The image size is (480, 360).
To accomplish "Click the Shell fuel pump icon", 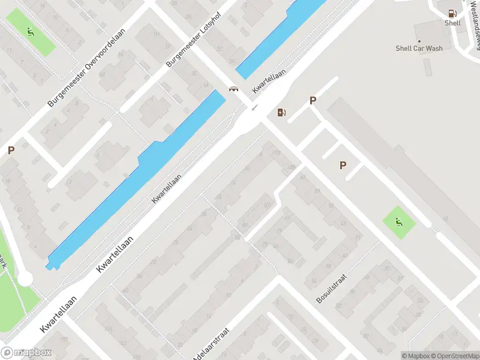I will coord(452,13).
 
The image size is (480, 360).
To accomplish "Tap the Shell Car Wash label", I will coord(419,48).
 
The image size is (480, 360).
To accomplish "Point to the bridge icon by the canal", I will coord(233,89).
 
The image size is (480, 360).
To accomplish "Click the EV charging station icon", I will coord(281,112).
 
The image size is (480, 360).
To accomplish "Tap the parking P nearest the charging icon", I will coord(313,101).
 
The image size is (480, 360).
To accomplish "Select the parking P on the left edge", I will coord(11,151).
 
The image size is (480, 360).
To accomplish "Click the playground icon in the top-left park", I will coord(30,32).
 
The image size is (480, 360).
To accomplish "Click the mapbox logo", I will coord(26,352).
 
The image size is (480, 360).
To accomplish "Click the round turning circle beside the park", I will coord(25,279).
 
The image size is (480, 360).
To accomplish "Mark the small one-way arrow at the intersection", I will coord(254,107).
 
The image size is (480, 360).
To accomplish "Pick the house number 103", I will coord(266,206).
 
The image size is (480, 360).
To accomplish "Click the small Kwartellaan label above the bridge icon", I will coord(268,80).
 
